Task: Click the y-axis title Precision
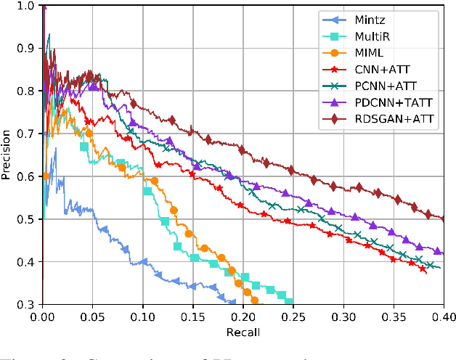point(8,155)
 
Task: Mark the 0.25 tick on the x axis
point(293,316)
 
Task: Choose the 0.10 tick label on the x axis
point(142,316)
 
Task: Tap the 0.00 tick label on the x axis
point(43,316)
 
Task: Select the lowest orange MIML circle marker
point(255,300)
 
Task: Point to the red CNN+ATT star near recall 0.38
point(423,269)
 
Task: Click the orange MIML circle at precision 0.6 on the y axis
point(46,176)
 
